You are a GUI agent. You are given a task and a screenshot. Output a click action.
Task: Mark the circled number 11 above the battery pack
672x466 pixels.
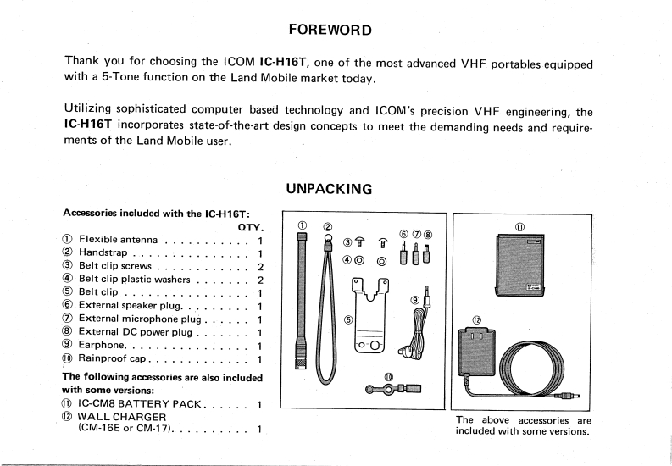[519, 226]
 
